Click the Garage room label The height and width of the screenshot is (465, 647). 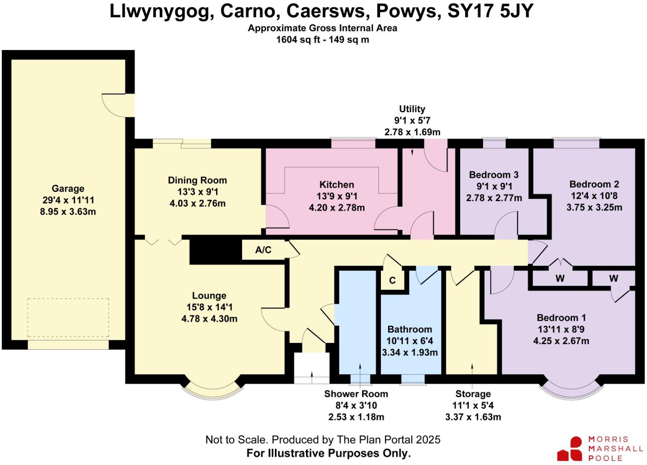pos(68,189)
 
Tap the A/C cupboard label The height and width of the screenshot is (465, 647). pos(263,250)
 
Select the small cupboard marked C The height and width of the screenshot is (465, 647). pos(392,280)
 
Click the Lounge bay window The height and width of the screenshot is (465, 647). pos(213,392)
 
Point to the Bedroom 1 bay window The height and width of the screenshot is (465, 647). pos(571,392)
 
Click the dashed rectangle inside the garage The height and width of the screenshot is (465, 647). pos(68,318)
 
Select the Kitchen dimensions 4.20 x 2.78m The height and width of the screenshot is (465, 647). pos(337,207)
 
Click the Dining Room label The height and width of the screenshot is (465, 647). pos(197,180)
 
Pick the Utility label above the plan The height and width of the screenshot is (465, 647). pos(412,109)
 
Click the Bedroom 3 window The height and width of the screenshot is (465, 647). pos(494,143)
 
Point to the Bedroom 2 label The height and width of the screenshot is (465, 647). pos(594,184)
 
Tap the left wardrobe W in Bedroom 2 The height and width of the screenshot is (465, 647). pos(560,279)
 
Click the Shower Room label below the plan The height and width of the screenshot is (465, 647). pos(356,394)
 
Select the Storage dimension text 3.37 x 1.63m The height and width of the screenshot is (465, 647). pos(473,417)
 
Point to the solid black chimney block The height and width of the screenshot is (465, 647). pos(215,251)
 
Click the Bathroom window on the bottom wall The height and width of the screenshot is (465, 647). pos(413,379)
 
